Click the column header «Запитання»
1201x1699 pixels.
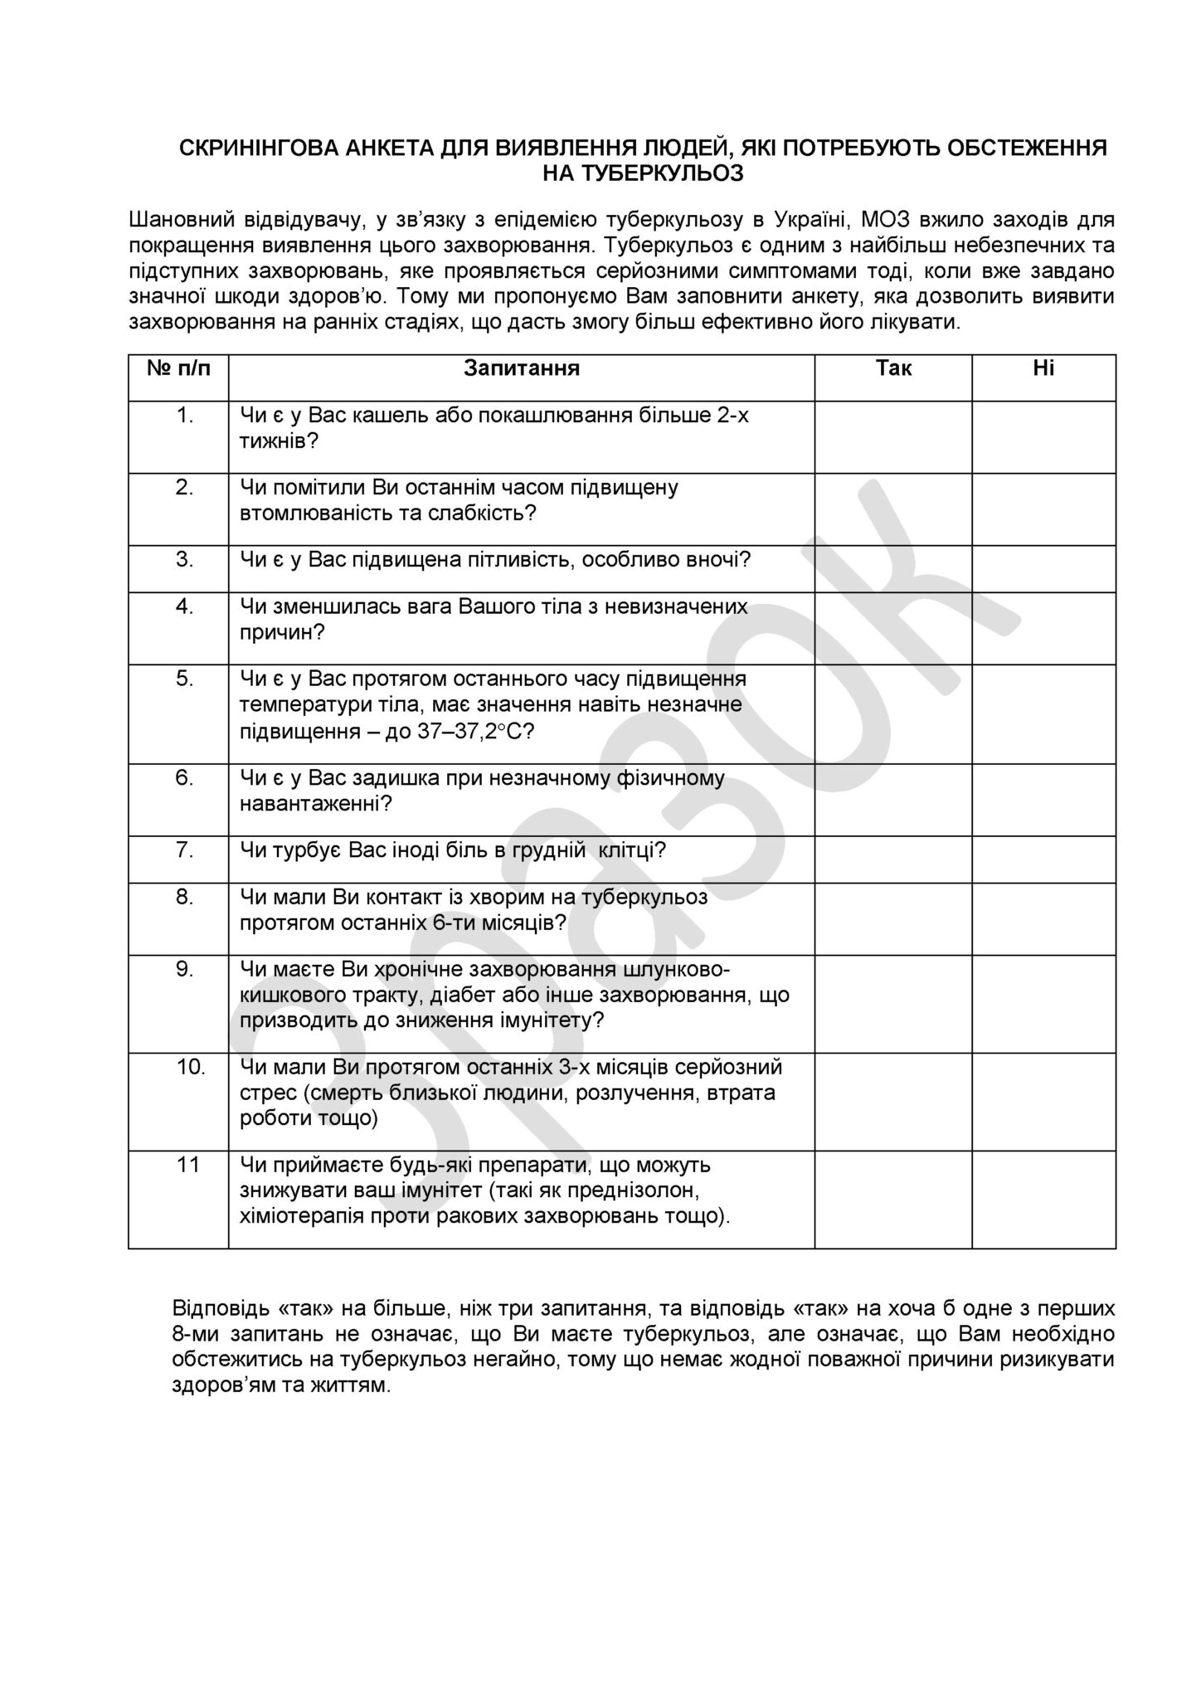click(521, 368)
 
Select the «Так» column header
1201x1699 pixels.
click(893, 368)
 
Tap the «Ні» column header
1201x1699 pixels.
click(1043, 368)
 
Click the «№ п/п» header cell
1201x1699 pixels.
click(178, 368)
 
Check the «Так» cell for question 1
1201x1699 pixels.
click(893, 437)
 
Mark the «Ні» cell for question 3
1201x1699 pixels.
click(1043, 568)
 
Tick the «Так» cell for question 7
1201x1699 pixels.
click(893, 859)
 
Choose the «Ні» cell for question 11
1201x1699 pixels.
click(1043, 1199)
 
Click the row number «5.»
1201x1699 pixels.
click(184, 679)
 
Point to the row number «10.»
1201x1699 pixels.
click(190, 1067)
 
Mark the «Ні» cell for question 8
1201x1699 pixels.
click(1043, 918)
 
